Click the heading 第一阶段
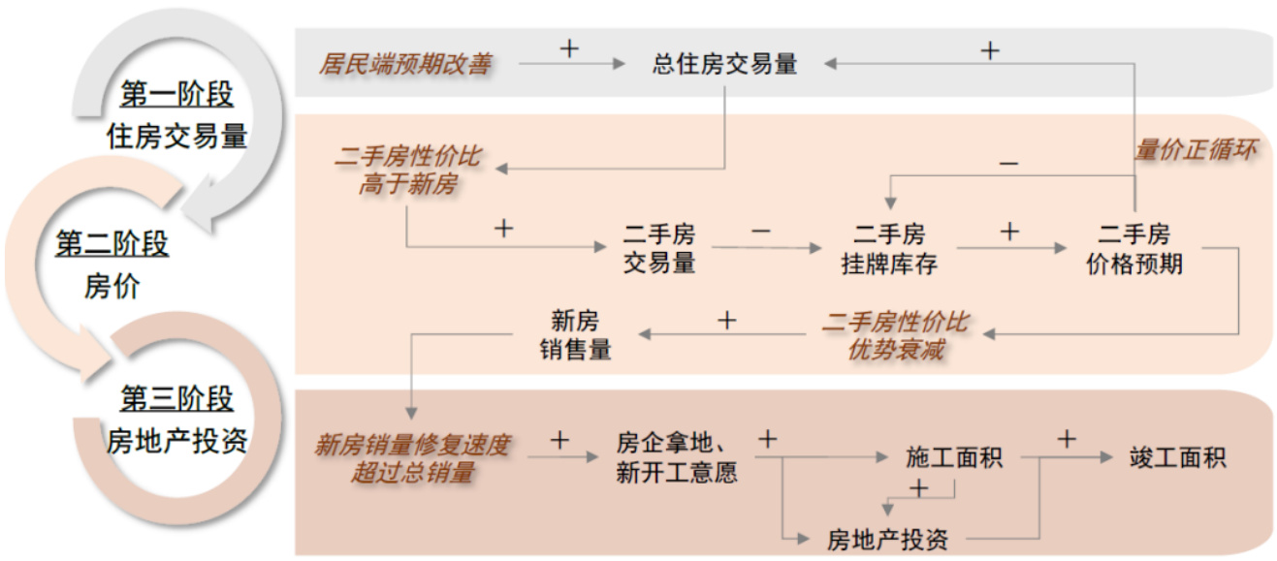point(176,95)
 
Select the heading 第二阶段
point(112,244)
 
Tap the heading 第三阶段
point(176,398)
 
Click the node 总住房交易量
point(724,65)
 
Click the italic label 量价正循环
point(1196,151)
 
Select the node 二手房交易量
point(659,249)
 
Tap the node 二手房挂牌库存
point(889,249)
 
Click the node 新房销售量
point(575,335)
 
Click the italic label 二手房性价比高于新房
point(407,171)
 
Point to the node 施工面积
point(954,457)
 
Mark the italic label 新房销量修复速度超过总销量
point(412,458)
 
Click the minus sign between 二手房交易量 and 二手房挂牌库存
point(760,232)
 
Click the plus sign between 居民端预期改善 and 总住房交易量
point(569,48)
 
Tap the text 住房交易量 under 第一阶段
point(176,137)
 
